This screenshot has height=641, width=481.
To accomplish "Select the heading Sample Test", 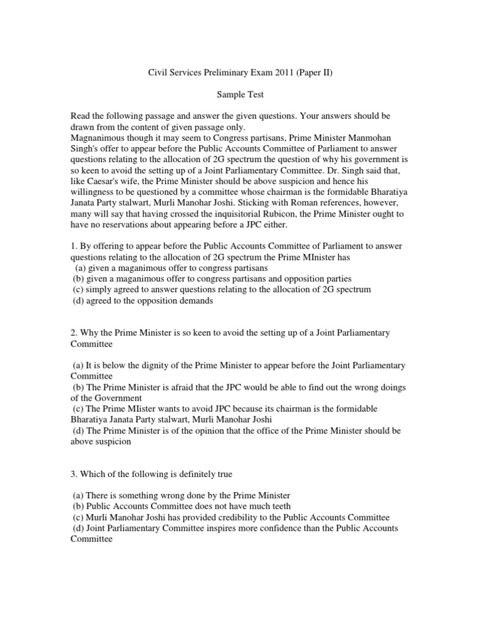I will (240, 95).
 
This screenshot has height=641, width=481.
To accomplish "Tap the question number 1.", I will (73, 246).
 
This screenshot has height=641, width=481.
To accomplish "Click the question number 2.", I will (73, 333).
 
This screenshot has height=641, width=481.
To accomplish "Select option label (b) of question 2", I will (78, 387).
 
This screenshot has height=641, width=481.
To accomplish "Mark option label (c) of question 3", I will (78, 517).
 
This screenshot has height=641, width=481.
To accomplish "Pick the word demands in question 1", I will (195, 300).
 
